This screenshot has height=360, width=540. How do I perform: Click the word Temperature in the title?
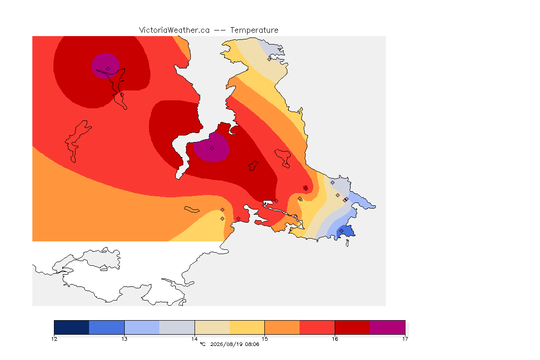click(254, 30)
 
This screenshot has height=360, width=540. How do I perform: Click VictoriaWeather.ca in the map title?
click(174, 30)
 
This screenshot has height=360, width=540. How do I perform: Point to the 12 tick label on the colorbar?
click(54, 339)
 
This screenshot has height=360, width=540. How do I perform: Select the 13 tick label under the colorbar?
click(124, 339)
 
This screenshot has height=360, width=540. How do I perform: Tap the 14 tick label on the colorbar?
click(195, 339)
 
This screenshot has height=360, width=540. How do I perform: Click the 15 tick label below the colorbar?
click(264, 339)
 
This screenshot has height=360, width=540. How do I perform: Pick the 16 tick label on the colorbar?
click(335, 339)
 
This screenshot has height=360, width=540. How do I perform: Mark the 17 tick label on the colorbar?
click(405, 339)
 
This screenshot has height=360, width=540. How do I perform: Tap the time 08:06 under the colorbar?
click(252, 344)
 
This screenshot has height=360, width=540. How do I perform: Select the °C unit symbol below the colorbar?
click(202, 344)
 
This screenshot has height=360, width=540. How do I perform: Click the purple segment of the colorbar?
click(388, 327)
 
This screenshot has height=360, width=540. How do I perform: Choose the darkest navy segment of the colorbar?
click(72, 327)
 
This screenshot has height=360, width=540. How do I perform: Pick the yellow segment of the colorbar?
click(247, 327)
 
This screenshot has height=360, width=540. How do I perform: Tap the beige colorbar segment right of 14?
click(212, 327)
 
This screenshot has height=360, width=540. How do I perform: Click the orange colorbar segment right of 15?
click(282, 327)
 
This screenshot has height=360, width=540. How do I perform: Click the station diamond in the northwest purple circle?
click(108, 69)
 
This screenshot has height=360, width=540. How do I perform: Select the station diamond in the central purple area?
click(212, 149)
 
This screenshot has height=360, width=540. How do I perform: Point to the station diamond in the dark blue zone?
click(341, 231)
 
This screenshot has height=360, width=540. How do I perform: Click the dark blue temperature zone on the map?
click(346, 232)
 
